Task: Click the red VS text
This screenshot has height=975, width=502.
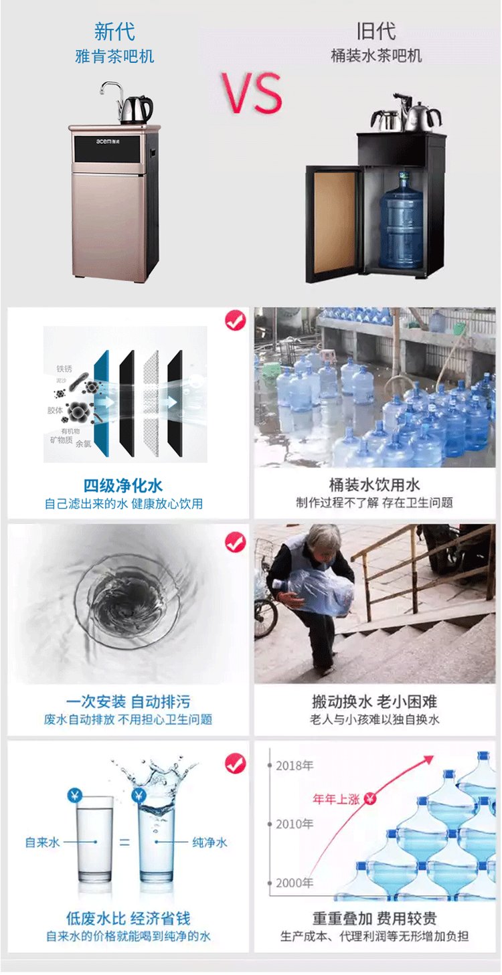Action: tap(252, 93)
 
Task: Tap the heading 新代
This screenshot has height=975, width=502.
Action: tap(114, 31)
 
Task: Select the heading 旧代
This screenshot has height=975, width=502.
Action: tap(376, 31)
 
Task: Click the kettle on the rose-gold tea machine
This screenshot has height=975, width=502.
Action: tap(136, 109)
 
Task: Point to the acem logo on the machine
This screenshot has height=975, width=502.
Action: tap(104, 141)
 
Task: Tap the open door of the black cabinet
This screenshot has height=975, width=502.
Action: tap(333, 224)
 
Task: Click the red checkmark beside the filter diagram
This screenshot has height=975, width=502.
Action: tap(236, 320)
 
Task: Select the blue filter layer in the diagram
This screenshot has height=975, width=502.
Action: tap(102, 404)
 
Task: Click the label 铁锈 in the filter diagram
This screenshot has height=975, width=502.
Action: tap(64, 369)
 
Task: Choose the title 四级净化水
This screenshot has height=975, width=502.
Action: tap(123, 486)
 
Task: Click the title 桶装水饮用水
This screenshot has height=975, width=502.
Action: tap(374, 484)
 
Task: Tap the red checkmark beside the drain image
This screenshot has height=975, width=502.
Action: tap(236, 542)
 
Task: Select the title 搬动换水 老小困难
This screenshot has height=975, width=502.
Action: tap(374, 702)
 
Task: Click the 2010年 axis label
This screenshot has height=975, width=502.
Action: tap(295, 824)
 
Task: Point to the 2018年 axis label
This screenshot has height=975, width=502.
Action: tap(295, 765)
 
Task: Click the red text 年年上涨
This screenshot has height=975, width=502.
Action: tap(336, 799)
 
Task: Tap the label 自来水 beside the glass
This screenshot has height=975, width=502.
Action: tap(42, 843)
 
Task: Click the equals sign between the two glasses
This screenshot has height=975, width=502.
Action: tap(124, 843)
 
